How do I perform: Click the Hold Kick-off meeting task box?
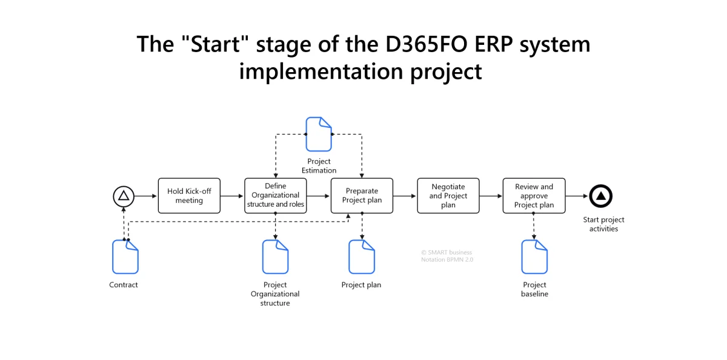pos(189,196)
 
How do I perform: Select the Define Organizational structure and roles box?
pos(276,196)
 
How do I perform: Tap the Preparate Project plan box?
pos(362,196)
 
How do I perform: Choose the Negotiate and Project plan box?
pos(448,196)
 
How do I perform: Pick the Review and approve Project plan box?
pos(534,196)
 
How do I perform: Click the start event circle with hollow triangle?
pos(123,196)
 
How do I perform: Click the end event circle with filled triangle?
pos(600,196)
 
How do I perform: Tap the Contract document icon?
pos(125,257)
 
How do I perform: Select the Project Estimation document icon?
pos(319,135)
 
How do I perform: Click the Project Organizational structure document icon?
pos(275,257)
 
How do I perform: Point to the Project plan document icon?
pos(362,257)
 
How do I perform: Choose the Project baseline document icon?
pos(534,257)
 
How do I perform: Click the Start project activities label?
pos(603,224)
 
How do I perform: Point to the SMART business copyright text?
pos(446,252)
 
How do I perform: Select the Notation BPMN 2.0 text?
pos(447,259)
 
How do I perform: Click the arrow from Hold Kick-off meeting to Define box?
pos(232,196)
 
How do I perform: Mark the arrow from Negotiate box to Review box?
pos(491,196)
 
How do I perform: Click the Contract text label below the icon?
pos(124,285)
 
